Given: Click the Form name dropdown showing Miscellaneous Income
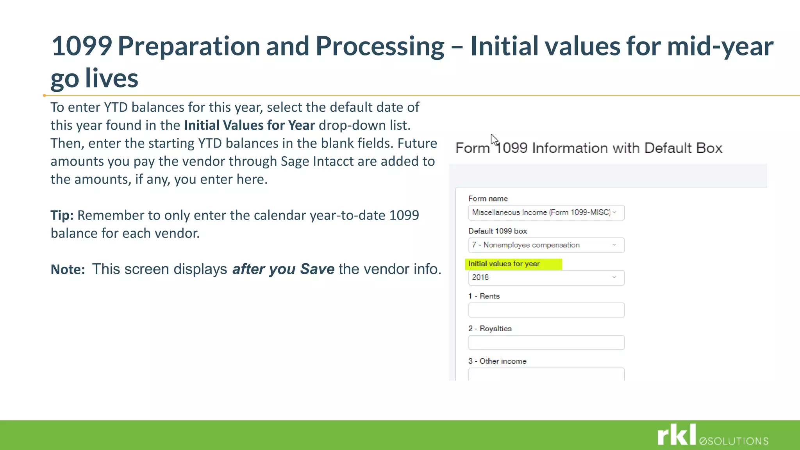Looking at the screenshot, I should pyautogui.click(x=546, y=212).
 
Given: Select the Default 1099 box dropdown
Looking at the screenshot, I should pyautogui.click(x=546, y=245).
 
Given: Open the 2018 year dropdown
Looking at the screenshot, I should pyautogui.click(x=546, y=278).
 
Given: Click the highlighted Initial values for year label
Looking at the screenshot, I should pyautogui.click(x=504, y=264).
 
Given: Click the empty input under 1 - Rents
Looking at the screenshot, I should pyautogui.click(x=546, y=310).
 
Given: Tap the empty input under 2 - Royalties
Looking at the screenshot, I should pyautogui.click(x=546, y=343).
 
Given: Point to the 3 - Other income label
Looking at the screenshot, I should pyautogui.click(x=497, y=361).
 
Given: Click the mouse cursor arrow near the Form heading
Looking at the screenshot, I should pyautogui.click(x=494, y=139).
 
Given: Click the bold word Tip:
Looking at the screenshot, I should pyautogui.click(x=62, y=215).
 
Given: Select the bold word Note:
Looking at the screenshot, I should pyautogui.click(x=68, y=270).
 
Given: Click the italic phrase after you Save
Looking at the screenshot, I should pyautogui.click(x=283, y=269).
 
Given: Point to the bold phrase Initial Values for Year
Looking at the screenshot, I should pyautogui.click(x=249, y=125).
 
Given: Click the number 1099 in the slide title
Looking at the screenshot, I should pyautogui.click(x=82, y=46).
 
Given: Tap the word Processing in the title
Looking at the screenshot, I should pyautogui.click(x=380, y=46).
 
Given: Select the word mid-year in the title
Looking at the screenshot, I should pyautogui.click(x=720, y=46).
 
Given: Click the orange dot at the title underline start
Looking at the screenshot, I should pyautogui.click(x=45, y=95).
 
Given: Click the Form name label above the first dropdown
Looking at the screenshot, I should pyautogui.click(x=488, y=199).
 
